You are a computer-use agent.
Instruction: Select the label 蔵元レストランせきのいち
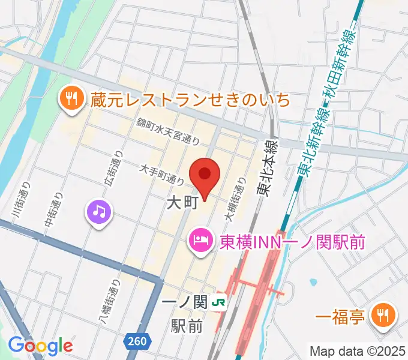coord(190,99)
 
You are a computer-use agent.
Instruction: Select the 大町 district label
coord(181,203)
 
